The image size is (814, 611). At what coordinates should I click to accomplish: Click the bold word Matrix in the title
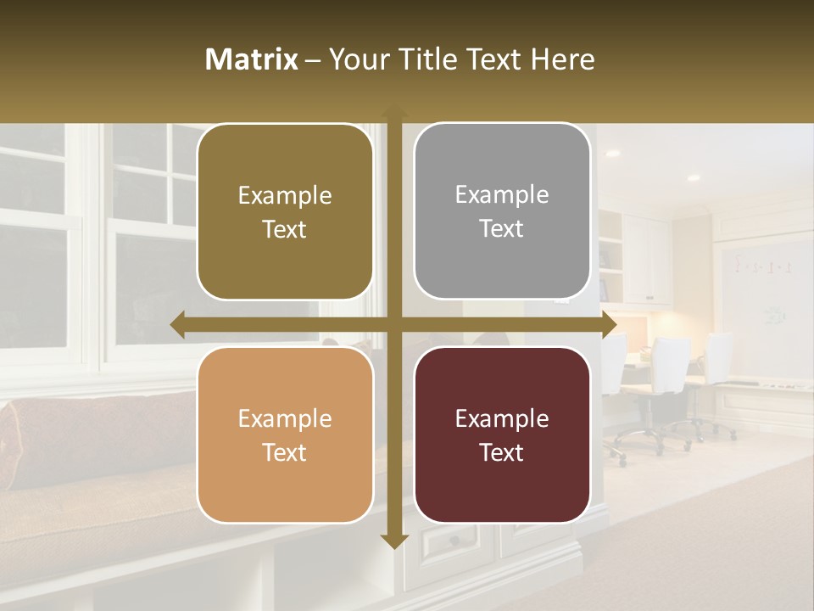pyautogui.click(x=252, y=59)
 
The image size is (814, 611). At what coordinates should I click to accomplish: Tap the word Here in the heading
pyautogui.click(x=562, y=59)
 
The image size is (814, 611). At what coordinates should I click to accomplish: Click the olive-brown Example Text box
pyautogui.click(x=285, y=212)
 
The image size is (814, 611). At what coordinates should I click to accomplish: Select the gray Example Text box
pyautogui.click(x=502, y=211)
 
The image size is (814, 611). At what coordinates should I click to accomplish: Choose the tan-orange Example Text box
pyautogui.click(x=285, y=435)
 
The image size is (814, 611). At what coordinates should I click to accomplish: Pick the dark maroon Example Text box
pyautogui.click(x=502, y=435)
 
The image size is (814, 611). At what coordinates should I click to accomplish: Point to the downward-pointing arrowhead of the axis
pyautogui.click(x=393, y=541)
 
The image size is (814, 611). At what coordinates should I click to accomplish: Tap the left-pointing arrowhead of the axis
pyautogui.click(x=177, y=325)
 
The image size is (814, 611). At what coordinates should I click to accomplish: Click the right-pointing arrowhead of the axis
pyautogui.click(x=609, y=325)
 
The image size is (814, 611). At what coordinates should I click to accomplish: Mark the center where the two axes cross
pyautogui.click(x=393, y=325)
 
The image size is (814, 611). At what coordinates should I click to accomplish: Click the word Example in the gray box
pyautogui.click(x=502, y=194)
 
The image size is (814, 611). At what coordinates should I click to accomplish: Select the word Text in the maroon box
pyautogui.click(x=502, y=452)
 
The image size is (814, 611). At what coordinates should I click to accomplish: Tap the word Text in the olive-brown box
pyautogui.click(x=285, y=229)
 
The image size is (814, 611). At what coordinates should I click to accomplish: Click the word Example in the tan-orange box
pyautogui.click(x=285, y=418)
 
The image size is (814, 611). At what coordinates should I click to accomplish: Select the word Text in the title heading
pyautogui.click(x=495, y=59)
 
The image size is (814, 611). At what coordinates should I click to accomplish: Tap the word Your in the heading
pyautogui.click(x=356, y=59)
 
